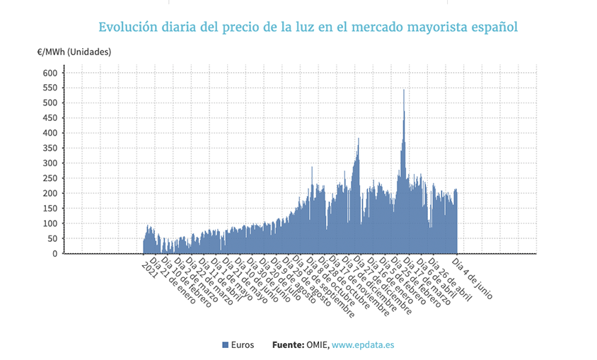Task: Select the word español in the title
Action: pos(492,28)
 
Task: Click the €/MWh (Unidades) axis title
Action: pos(74,52)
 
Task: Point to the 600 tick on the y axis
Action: pos(50,73)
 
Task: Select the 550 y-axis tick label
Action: pos(50,88)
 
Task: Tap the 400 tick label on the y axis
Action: pos(50,133)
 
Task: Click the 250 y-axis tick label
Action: pos(50,178)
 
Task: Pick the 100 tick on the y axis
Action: pos(50,223)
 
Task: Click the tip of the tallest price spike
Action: pos(404,90)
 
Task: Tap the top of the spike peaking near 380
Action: pos(359,139)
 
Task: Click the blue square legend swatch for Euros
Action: pos(225,344)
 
